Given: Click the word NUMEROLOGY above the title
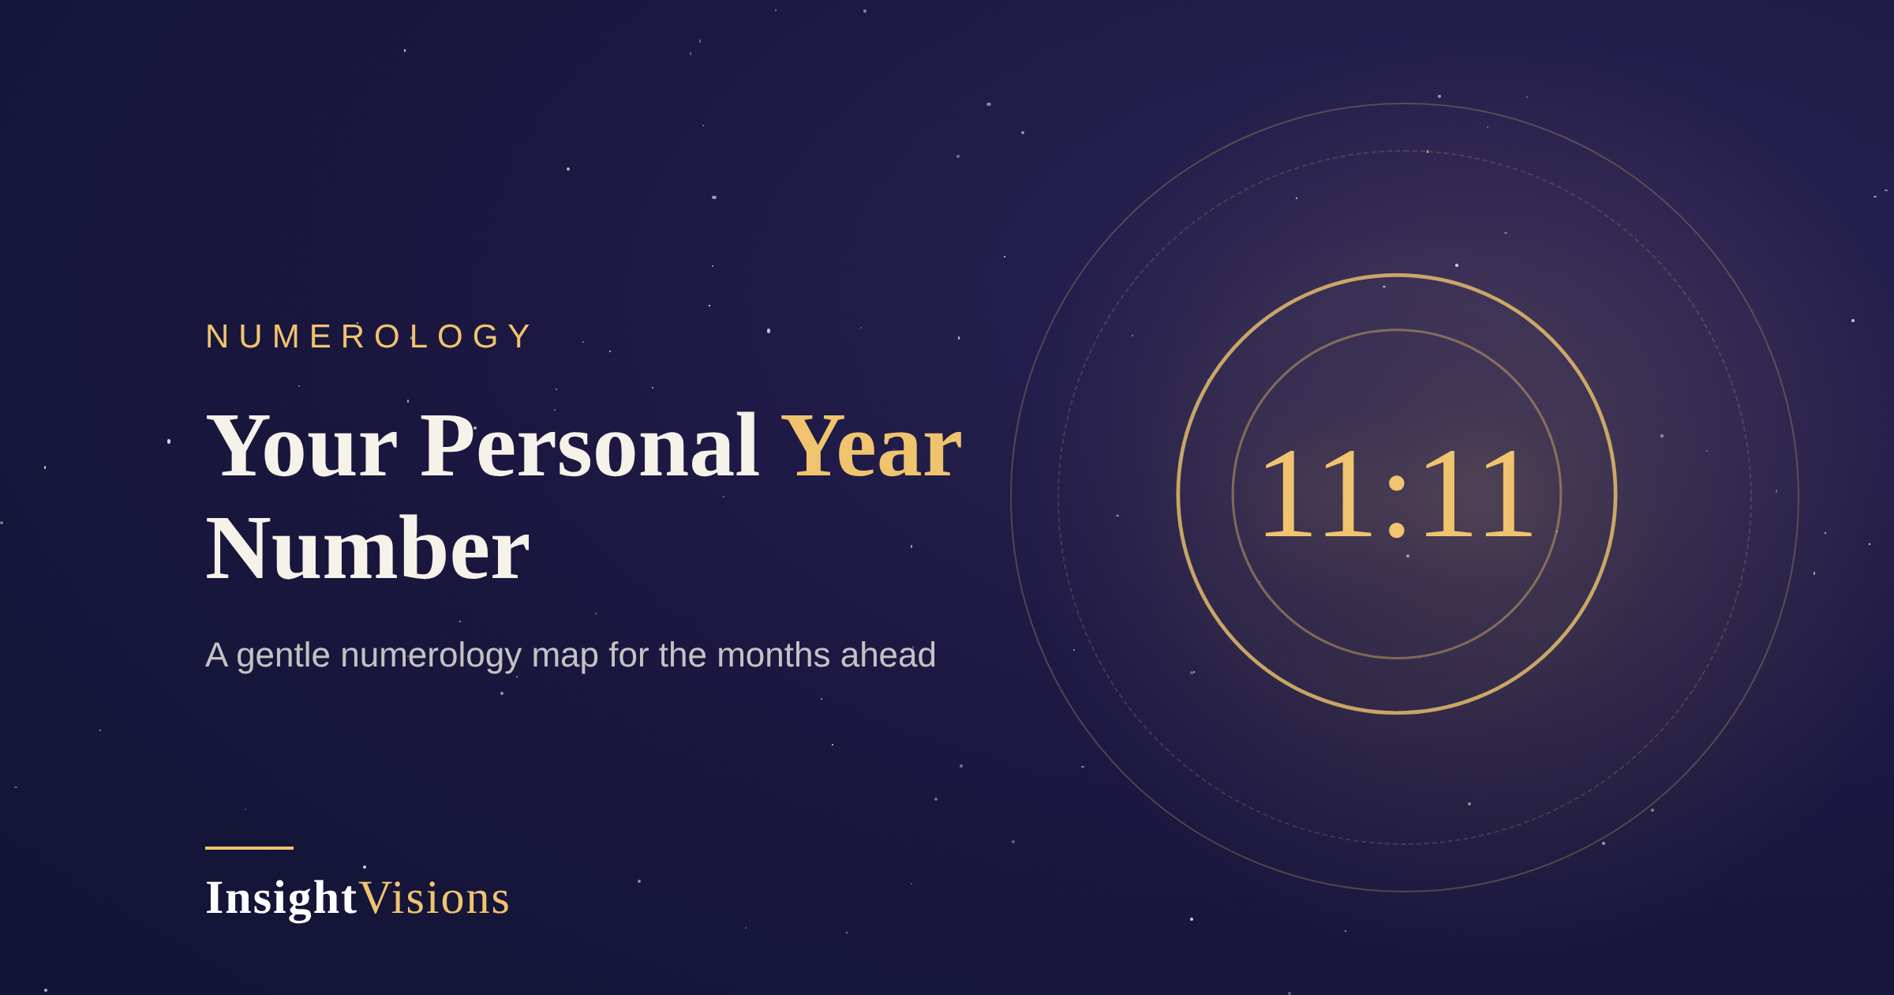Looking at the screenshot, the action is click(x=369, y=336).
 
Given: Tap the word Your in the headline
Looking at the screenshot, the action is click(x=301, y=447).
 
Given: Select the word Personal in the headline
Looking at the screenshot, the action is click(x=589, y=447).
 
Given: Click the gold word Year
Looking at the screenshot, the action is click(x=871, y=447).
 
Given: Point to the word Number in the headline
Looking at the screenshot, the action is click(x=367, y=549).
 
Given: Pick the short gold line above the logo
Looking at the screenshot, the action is click(x=249, y=848).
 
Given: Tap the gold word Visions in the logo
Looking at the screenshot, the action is click(x=435, y=899).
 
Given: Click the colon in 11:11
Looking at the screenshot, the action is click(x=1396, y=506).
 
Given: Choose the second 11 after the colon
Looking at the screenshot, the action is click(x=1477, y=493).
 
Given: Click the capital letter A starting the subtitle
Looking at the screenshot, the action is click(x=216, y=655).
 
